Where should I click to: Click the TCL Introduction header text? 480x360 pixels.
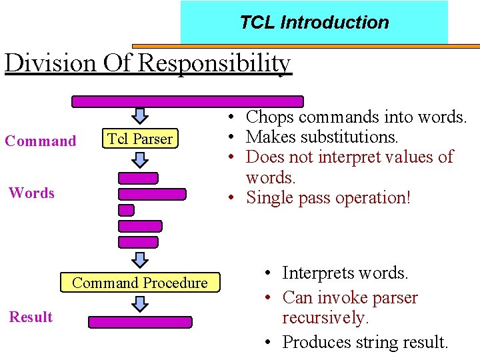pos(314,23)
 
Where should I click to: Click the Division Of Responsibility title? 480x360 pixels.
pos(147,63)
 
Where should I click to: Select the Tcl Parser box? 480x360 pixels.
pos(140,139)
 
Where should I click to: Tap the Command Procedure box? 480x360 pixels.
pos(139,283)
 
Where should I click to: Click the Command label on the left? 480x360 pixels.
pos(41,141)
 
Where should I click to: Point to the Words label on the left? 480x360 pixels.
pos(31,193)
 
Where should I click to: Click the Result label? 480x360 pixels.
pos(31,317)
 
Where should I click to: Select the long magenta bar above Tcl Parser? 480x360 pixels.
pos(187,101)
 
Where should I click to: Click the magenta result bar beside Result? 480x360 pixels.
pos(140,322)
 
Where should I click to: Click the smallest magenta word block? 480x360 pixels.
pos(126,210)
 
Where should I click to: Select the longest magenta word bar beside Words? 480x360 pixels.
pos(152,194)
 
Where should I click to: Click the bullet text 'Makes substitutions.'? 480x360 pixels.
pos(322,137)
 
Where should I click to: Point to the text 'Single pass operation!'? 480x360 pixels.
pos(328,198)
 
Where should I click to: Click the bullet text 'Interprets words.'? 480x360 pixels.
pos(345,273)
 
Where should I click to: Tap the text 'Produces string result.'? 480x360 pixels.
pos(365,343)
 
